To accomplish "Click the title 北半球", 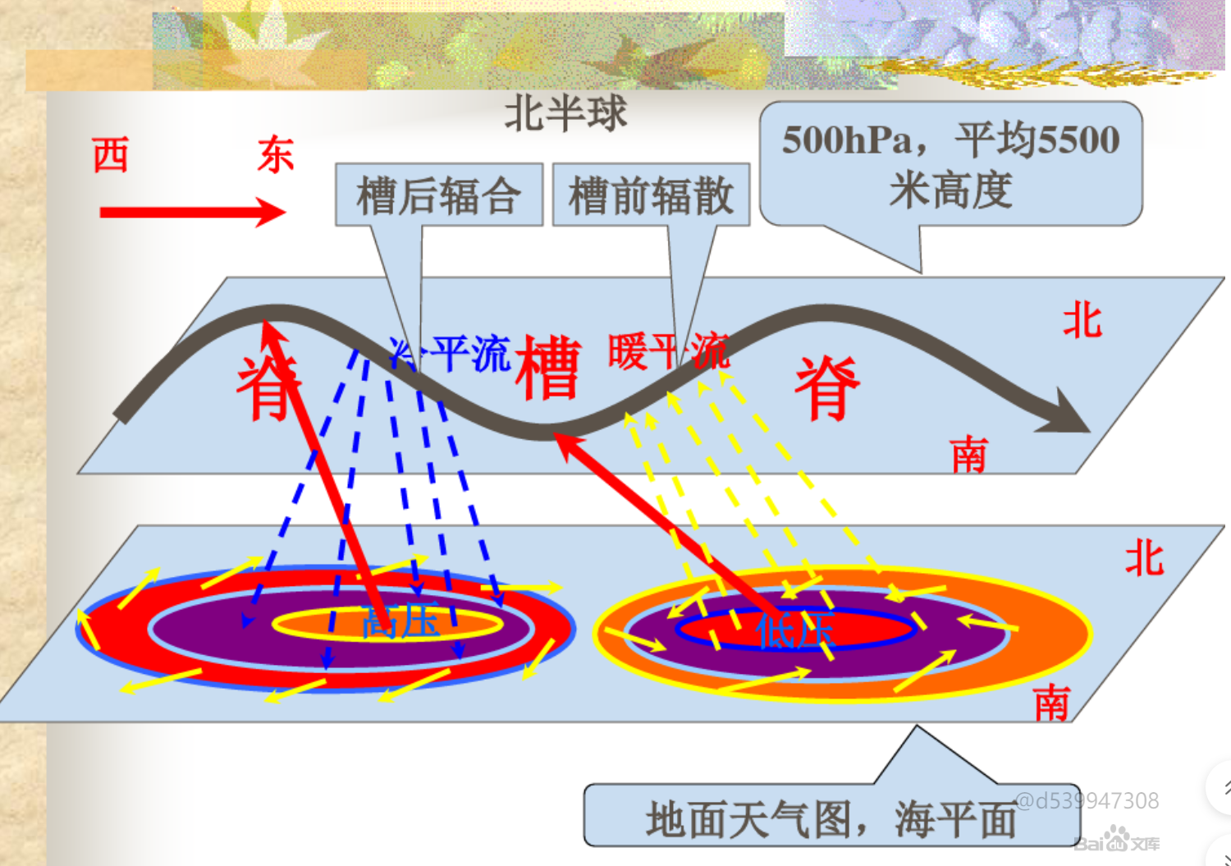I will pos(565,113).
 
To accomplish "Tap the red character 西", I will pos(110,155).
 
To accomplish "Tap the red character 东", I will pos(276,155).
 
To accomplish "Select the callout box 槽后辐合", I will pos(439,195).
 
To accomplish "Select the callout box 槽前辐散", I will pos(651,195).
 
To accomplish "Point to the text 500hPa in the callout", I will pos(847,140).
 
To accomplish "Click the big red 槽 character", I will pos(548,369).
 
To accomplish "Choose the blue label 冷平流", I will pos(450,354).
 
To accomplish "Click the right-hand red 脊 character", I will pos(827,388).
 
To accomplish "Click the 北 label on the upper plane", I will pos(1082,319).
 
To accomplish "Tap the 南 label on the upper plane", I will pos(969,455).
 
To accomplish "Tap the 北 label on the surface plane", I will pos(1144,559).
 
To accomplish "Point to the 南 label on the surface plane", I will pos(1052,703).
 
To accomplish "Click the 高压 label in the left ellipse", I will pos(400,623).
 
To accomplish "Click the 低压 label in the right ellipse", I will pos(794,630).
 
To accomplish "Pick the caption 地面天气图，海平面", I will pos(831,819).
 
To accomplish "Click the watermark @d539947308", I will pos(1087,800).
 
